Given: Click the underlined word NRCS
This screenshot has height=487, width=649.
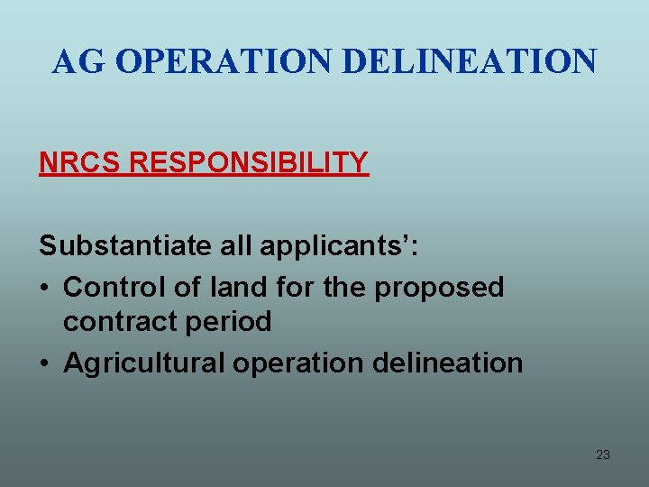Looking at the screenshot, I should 79,163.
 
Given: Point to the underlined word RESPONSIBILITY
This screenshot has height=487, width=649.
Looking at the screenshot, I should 249,163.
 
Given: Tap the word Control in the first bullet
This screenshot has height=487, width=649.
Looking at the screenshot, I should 113,287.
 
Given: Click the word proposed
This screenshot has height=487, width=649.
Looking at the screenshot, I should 439,289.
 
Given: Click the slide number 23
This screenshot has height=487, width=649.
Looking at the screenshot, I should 603,455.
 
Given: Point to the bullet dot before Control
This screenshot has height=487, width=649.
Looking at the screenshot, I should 45,288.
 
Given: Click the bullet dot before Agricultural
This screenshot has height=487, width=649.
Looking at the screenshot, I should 45,363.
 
